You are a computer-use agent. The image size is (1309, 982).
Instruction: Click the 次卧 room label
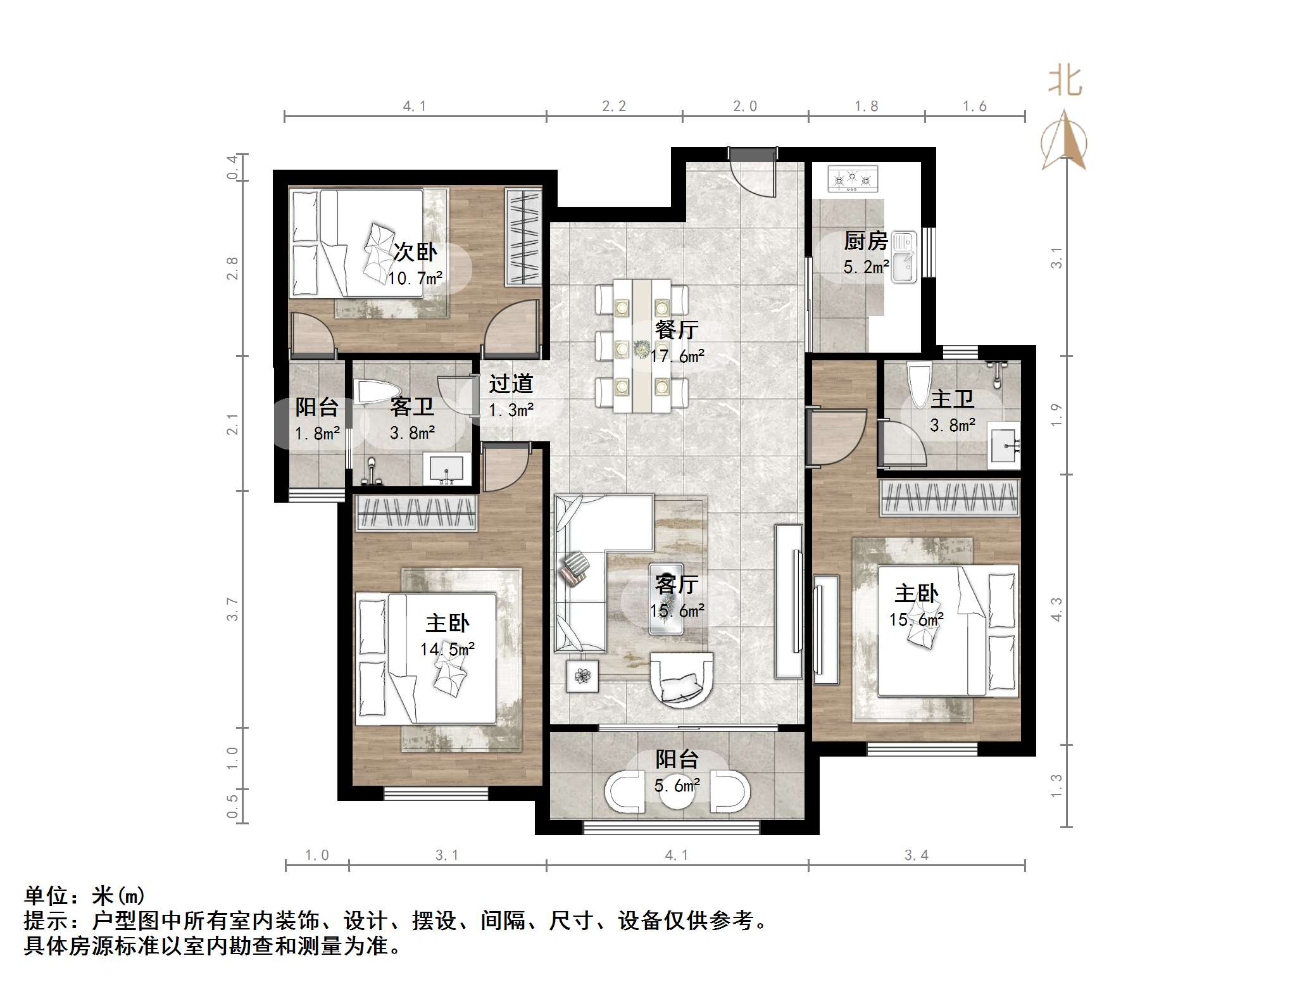(415, 252)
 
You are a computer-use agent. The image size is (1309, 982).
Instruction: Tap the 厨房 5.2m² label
(865, 253)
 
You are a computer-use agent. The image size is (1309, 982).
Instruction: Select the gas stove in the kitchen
(853, 179)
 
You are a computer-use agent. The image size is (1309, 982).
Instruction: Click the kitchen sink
(904, 256)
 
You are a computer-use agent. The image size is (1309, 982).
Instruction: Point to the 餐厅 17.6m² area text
(677, 343)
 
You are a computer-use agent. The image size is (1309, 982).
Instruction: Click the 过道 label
(511, 384)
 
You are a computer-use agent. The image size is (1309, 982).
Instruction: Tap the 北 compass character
(1065, 82)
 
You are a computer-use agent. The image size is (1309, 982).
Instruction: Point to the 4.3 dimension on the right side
(1056, 609)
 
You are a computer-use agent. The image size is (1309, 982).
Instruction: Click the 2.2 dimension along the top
(614, 106)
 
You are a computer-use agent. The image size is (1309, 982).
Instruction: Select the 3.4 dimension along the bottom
(916, 855)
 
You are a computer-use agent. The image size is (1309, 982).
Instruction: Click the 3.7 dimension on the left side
(233, 609)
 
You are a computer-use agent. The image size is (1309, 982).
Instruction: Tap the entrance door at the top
(751, 171)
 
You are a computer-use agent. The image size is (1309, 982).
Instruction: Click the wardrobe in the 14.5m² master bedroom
(416, 513)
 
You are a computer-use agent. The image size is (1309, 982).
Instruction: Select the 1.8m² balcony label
(317, 420)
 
